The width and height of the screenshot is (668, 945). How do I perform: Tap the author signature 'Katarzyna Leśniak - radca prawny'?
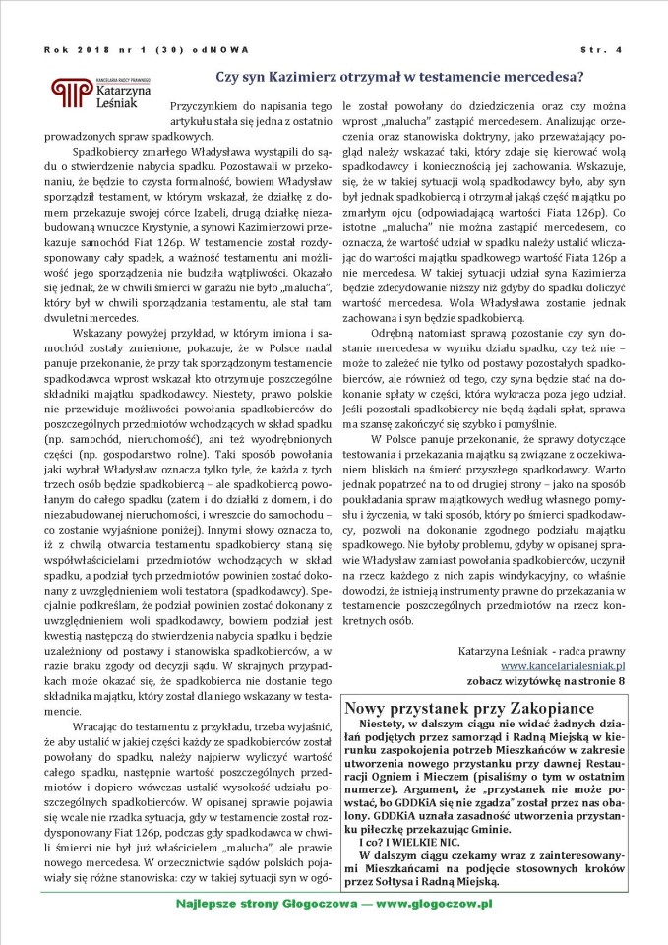click(x=542, y=651)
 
